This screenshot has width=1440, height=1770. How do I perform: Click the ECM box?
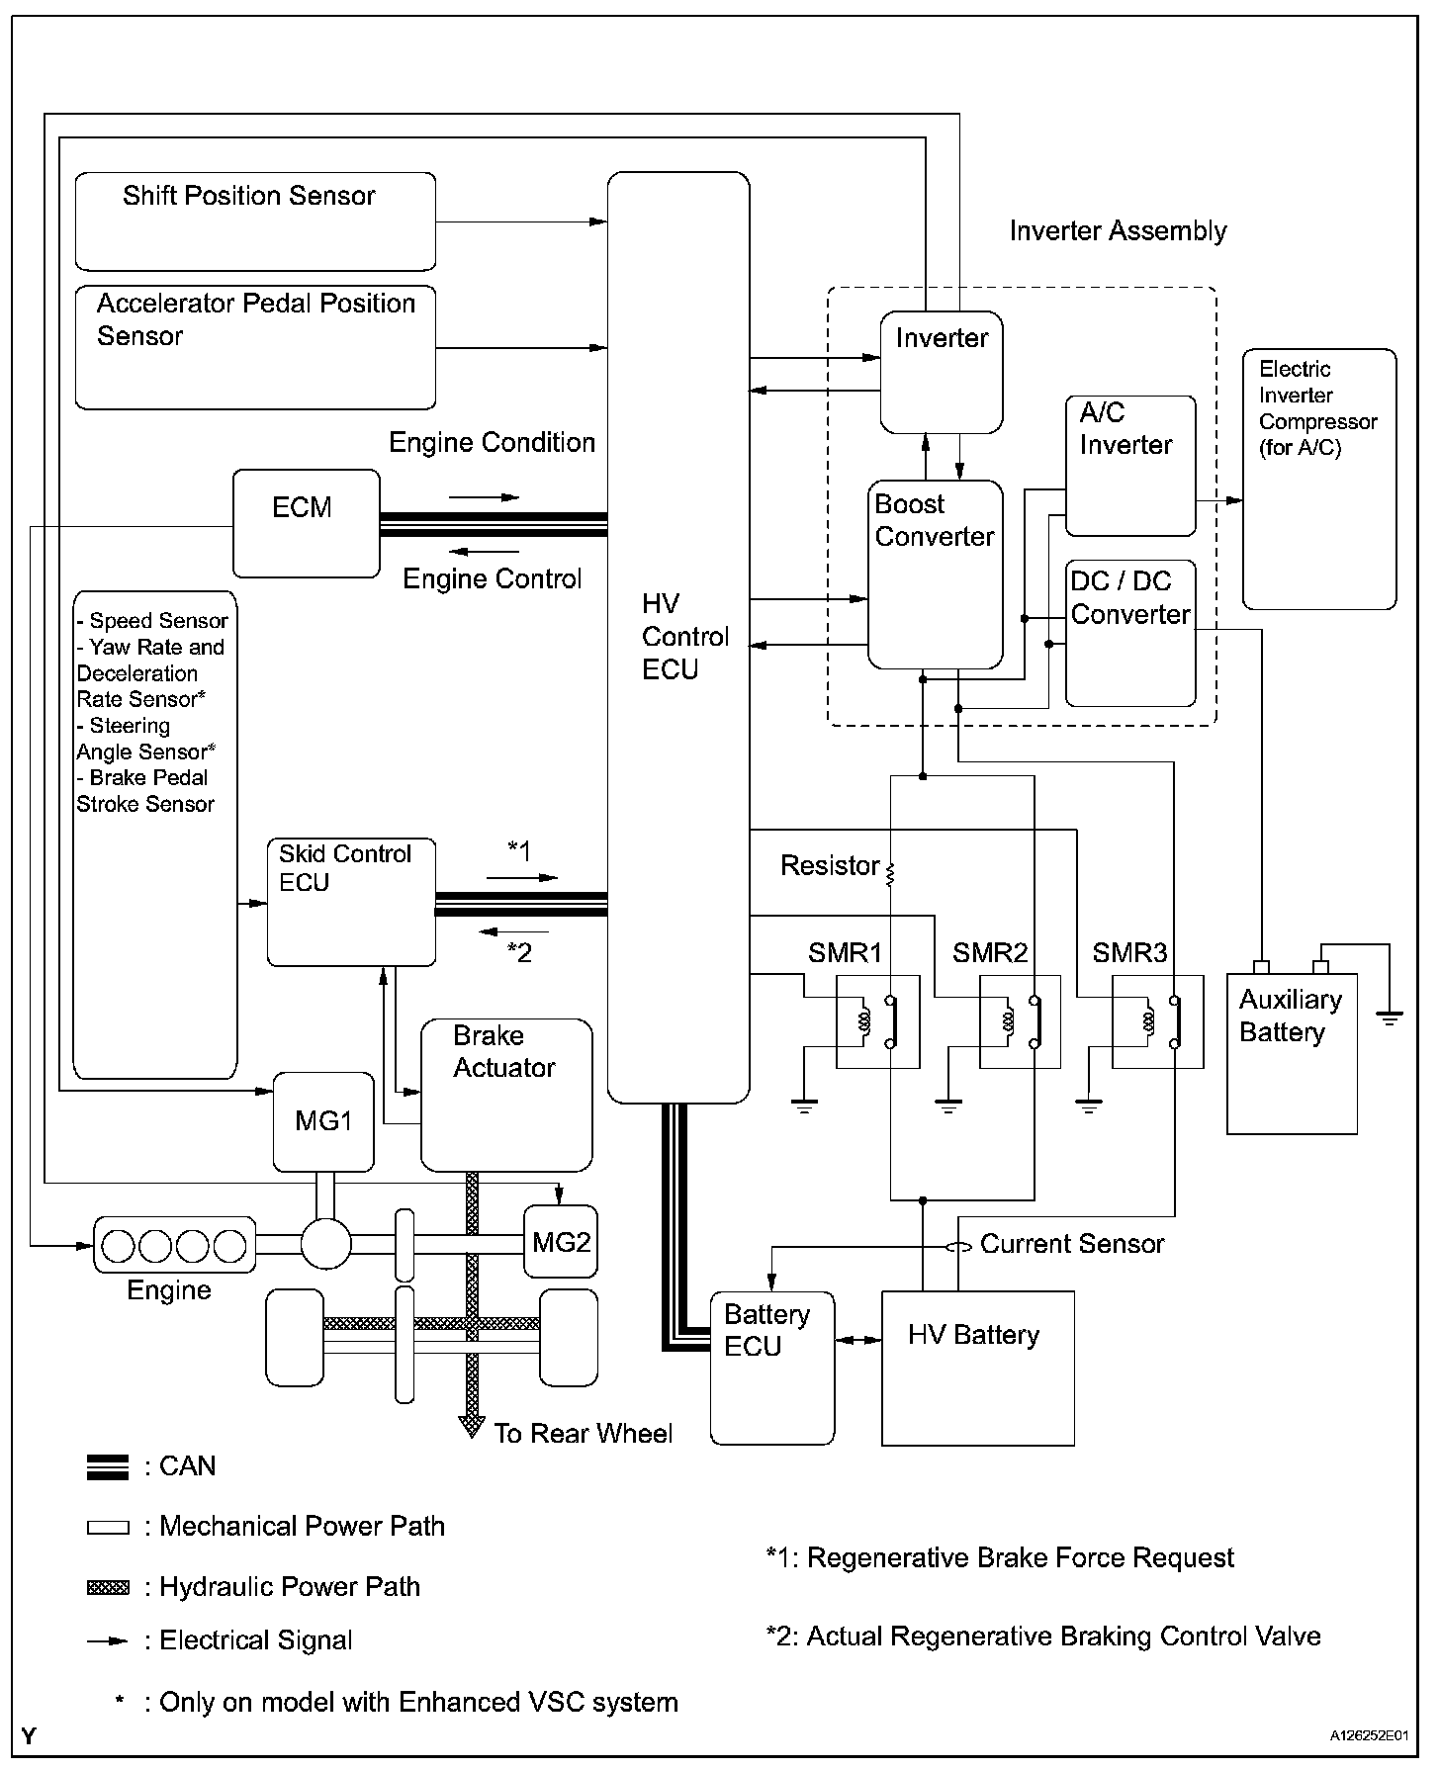306,523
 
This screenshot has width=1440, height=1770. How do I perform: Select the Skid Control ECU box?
351,902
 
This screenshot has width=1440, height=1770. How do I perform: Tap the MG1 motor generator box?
323,1121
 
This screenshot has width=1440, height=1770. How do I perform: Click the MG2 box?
561,1241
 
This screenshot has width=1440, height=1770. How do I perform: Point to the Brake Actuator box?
506,1096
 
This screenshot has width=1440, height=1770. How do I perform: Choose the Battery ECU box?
772,1368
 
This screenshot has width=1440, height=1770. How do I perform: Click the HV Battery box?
977,1368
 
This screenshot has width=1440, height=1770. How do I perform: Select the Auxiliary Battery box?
1292,1053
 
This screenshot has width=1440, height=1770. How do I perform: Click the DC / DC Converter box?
1130,633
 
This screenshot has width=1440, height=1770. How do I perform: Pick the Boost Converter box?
935,574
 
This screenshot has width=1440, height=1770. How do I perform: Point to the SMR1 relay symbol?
877,1021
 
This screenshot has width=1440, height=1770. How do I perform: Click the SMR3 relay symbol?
1157,1021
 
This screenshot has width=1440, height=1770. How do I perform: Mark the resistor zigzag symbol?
890,873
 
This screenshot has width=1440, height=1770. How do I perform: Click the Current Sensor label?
1072,1244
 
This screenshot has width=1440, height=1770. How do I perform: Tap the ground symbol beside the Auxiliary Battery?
1390,1018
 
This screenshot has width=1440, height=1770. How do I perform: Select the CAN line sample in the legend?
108,1467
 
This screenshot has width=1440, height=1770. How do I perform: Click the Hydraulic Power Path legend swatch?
108,1588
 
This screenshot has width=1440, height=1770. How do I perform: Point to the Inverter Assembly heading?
1118,231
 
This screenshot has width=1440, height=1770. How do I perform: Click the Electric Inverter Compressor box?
1319,479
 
